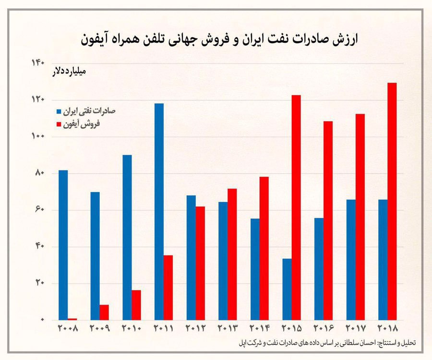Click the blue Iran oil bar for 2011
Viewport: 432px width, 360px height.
point(159,211)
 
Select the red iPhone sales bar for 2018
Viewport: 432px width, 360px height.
point(392,201)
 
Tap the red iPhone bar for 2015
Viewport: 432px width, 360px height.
point(296,207)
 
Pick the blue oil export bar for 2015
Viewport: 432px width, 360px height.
point(287,289)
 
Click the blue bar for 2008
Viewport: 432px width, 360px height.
point(63,245)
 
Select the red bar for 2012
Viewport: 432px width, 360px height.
point(200,263)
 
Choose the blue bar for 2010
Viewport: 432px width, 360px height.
point(127,237)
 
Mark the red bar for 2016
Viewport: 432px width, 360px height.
point(328,220)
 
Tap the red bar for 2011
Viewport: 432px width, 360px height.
point(168,288)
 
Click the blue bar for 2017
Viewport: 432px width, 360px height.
point(351,260)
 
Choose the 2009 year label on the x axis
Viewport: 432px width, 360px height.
point(100,329)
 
